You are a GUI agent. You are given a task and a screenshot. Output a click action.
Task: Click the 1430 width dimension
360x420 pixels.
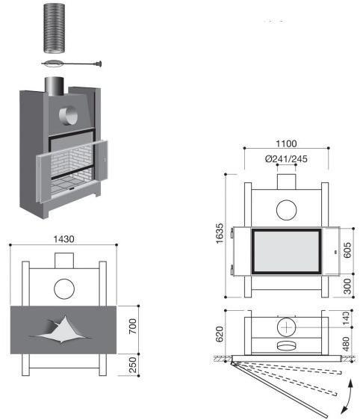(63, 239)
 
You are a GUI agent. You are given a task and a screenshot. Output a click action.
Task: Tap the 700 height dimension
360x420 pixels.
(133, 326)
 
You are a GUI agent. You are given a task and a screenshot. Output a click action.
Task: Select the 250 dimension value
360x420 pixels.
(133, 365)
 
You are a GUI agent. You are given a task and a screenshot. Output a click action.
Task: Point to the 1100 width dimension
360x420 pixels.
(286, 143)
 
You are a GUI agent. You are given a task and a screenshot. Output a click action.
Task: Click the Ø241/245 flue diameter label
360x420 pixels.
(286, 159)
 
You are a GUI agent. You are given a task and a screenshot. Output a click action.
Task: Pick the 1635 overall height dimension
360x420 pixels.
(220, 233)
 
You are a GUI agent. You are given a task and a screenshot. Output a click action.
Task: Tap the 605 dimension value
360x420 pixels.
(347, 250)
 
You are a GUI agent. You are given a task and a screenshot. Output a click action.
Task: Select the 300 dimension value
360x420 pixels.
(347, 286)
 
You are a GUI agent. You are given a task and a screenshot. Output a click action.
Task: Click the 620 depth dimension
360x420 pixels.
(220, 334)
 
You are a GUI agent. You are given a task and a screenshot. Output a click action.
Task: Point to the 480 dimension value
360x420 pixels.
(346, 344)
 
